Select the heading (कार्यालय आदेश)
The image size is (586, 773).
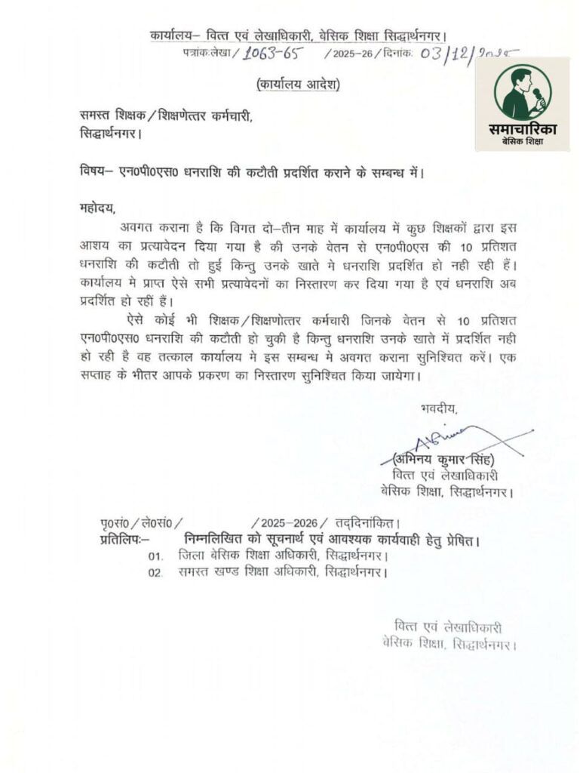click(x=298, y=84)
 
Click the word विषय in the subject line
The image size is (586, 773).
click(x=94, y=171)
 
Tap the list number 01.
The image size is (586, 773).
click(x=155, y=557)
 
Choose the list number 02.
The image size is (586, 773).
click(x=155, y=573)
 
